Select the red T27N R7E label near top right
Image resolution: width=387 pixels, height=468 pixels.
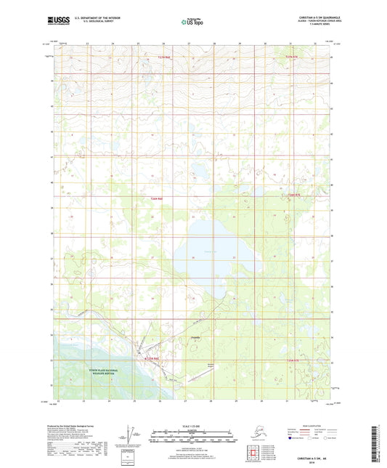[x=293, y=57]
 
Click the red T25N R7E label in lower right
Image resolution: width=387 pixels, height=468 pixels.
[x=292, y=360]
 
